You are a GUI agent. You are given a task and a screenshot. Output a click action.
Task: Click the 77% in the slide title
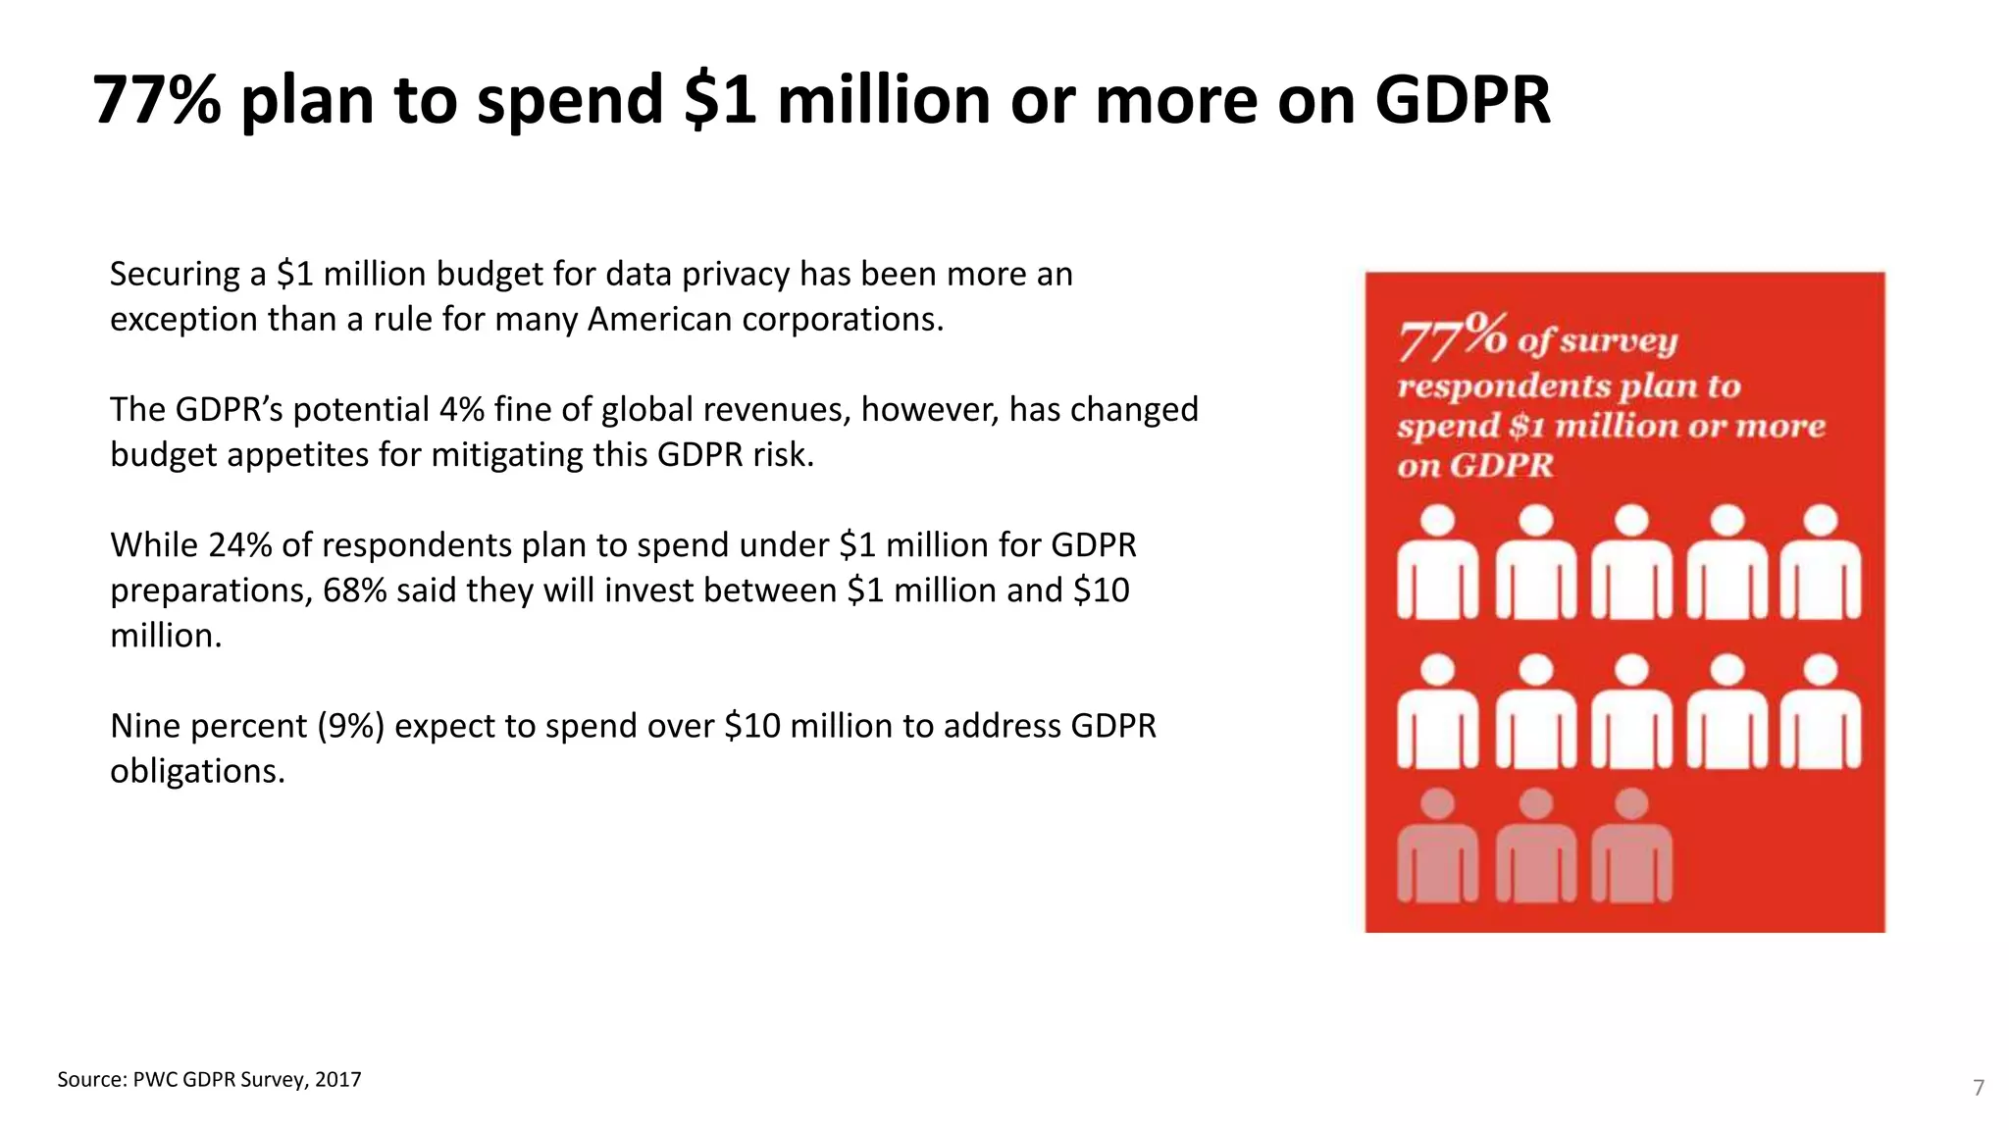[157, 100]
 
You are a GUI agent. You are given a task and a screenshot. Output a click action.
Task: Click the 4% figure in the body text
[461, 409]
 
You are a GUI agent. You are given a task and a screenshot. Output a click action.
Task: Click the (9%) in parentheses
[350, 726]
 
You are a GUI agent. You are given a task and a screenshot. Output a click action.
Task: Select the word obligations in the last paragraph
[196, 771]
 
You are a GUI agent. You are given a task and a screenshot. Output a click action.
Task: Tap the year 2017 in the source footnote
[337, 1080]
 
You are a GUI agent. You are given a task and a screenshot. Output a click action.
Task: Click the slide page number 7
[1979, 1088]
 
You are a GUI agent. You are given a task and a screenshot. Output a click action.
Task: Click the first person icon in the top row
[1437, 563]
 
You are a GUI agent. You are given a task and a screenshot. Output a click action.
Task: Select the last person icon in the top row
[1821, 563]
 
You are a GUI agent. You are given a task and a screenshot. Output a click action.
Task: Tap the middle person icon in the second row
[1630, 712]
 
